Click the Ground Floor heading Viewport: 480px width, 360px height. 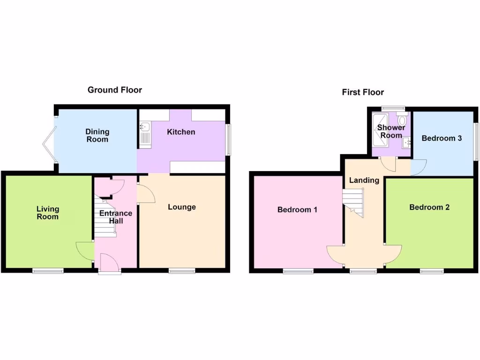click(x=115, y=90)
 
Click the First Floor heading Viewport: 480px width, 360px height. click(x=363, y=92)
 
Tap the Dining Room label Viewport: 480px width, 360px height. click(x=97, y=135)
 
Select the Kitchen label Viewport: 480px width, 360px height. click(x=181, y=132)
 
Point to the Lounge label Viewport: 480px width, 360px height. click(x=182, y=207)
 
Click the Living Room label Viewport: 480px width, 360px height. click(x=48, y=213)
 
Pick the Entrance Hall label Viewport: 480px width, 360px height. click(x=116, y=217)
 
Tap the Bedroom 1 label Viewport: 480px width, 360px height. click(x=297, y=210)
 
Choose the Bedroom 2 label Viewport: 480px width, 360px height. click(x=429, y=207)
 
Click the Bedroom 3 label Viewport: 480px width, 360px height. click(x=442, y=138)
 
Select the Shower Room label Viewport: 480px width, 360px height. click(x=391, y=131)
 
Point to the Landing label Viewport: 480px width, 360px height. click(x=364, y=180)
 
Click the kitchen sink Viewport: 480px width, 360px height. click(x=144, y=127)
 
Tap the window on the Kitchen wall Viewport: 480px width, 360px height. click(x=229, y=139)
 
